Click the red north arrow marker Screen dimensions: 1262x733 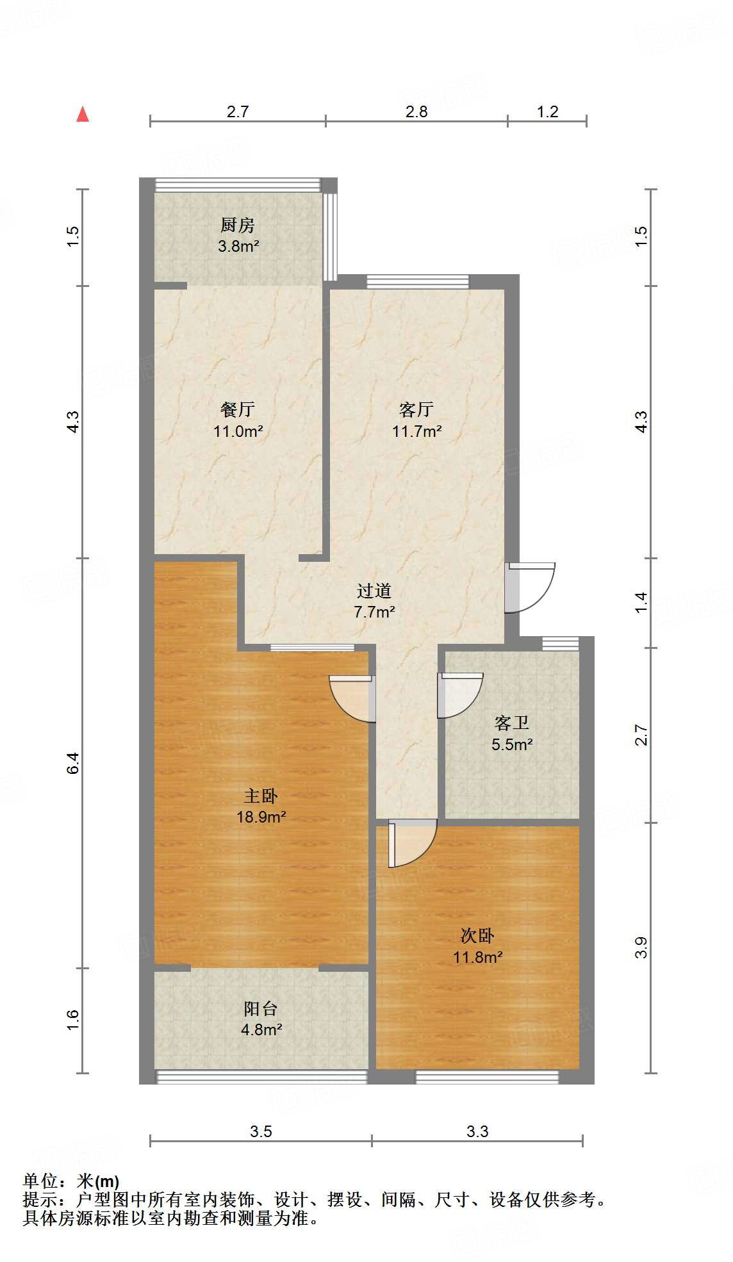(83, 115)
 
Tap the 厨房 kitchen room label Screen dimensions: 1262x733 (238, 225)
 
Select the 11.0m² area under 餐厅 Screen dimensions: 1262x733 (238, 431)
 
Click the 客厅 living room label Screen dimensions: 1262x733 (416, 409)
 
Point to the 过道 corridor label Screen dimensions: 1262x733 (374, 591)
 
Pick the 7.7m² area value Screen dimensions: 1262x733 (374, 612)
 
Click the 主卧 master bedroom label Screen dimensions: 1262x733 (261, 796)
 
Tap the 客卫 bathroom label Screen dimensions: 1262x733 (512, 723)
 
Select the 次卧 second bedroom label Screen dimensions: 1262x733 (477, 936)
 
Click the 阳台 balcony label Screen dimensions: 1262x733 (261, 1009)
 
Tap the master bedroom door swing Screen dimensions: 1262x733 (352, 698)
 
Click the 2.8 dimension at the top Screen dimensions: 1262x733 (416, 112)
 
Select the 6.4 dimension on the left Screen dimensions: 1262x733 (73, 762)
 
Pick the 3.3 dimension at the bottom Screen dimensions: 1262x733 (477, 1131)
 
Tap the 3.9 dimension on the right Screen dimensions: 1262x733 (641, 947)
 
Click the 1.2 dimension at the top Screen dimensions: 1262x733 (548, 112)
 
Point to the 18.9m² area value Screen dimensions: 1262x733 (261, 817)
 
